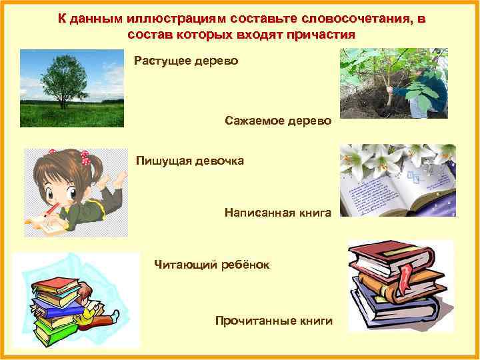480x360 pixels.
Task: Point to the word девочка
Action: pos(219,160)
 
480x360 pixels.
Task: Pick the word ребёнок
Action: pos(245,265)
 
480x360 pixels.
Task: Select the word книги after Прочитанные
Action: pos(317,321)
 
